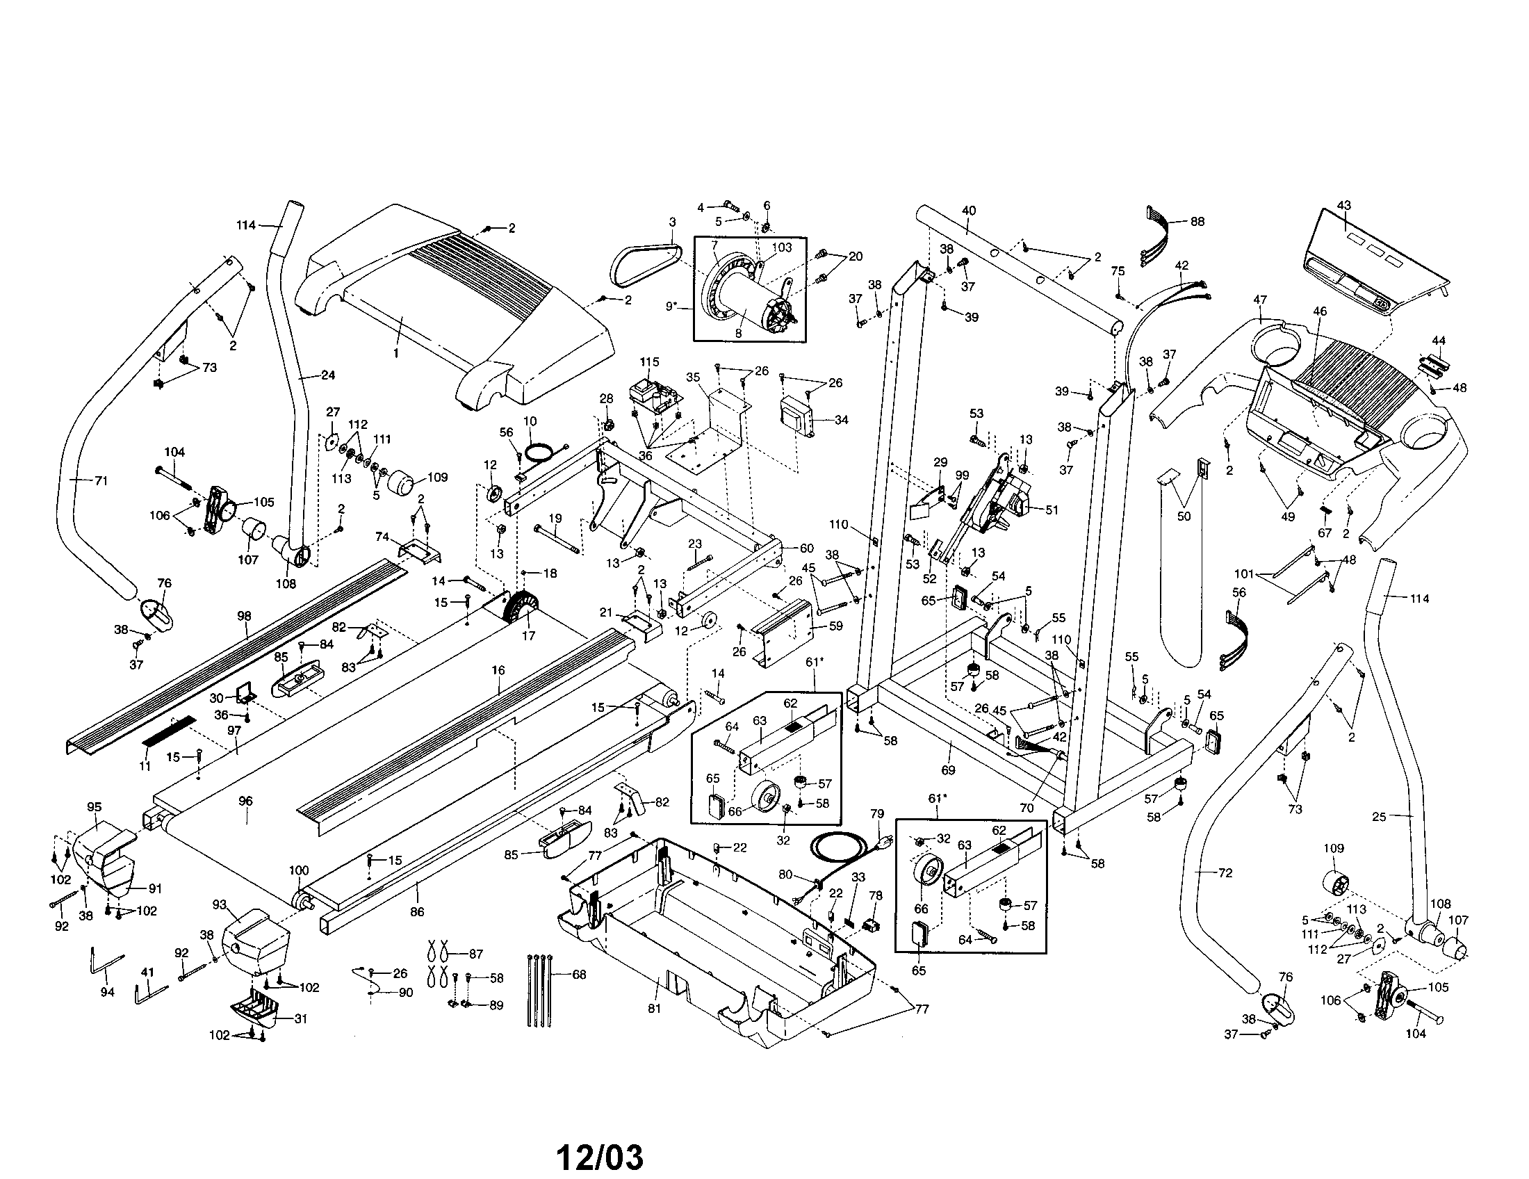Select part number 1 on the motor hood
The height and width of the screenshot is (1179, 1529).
pos(395,354)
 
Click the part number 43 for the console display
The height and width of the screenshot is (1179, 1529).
pos(1343,205)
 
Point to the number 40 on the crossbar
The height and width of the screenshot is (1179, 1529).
pos(969,211)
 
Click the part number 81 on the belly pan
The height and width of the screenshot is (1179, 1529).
pos(655,1008)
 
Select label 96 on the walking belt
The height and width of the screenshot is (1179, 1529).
pos(245,801)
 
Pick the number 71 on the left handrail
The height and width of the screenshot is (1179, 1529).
pos(101,481)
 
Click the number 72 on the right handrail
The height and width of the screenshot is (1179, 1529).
pos(1225,873)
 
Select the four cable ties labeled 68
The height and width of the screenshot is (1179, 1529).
pos(539,989)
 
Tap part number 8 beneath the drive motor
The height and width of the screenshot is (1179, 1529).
pos(738,334)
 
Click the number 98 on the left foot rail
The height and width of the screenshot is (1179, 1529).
pos(244,616)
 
